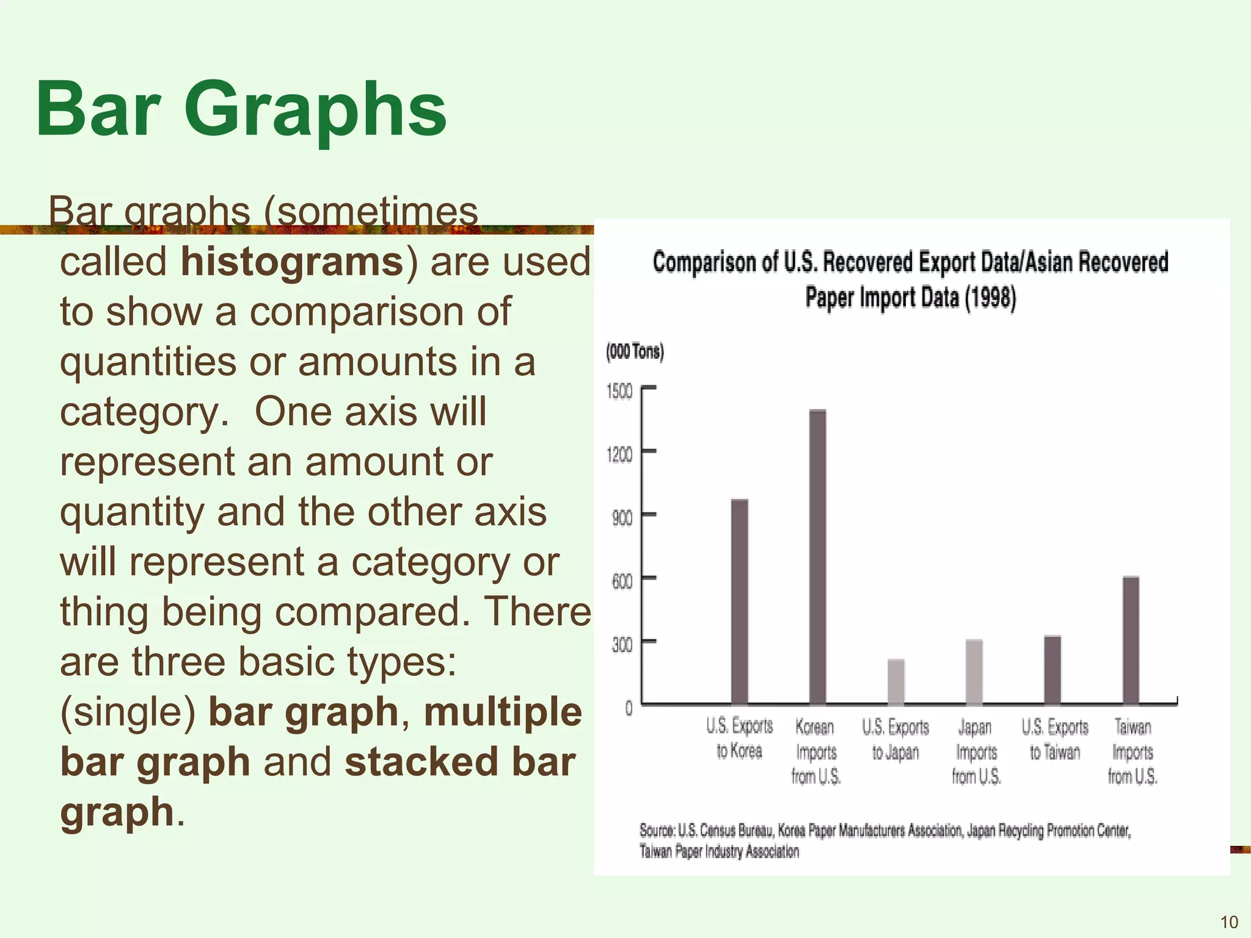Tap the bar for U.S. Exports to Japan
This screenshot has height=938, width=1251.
point(895,682)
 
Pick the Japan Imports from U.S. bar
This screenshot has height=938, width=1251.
point(974,672)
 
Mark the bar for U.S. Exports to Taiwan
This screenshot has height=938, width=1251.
point(1052,670)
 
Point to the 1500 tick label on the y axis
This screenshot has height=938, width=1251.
point(619,391)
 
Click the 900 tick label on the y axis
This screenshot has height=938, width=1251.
point(622,518)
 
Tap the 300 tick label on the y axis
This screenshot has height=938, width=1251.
point(622,645)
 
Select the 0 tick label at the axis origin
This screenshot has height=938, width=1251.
point(629,708)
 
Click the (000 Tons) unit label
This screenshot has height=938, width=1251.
point(635,352)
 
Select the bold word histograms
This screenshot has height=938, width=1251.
point(292,261)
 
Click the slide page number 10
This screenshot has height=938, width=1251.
point(1228,922)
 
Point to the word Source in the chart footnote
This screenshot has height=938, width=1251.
point(657,831)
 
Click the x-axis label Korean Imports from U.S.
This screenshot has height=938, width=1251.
point(815,752)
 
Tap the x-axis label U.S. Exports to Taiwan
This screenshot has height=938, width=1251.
point(1055,740)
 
